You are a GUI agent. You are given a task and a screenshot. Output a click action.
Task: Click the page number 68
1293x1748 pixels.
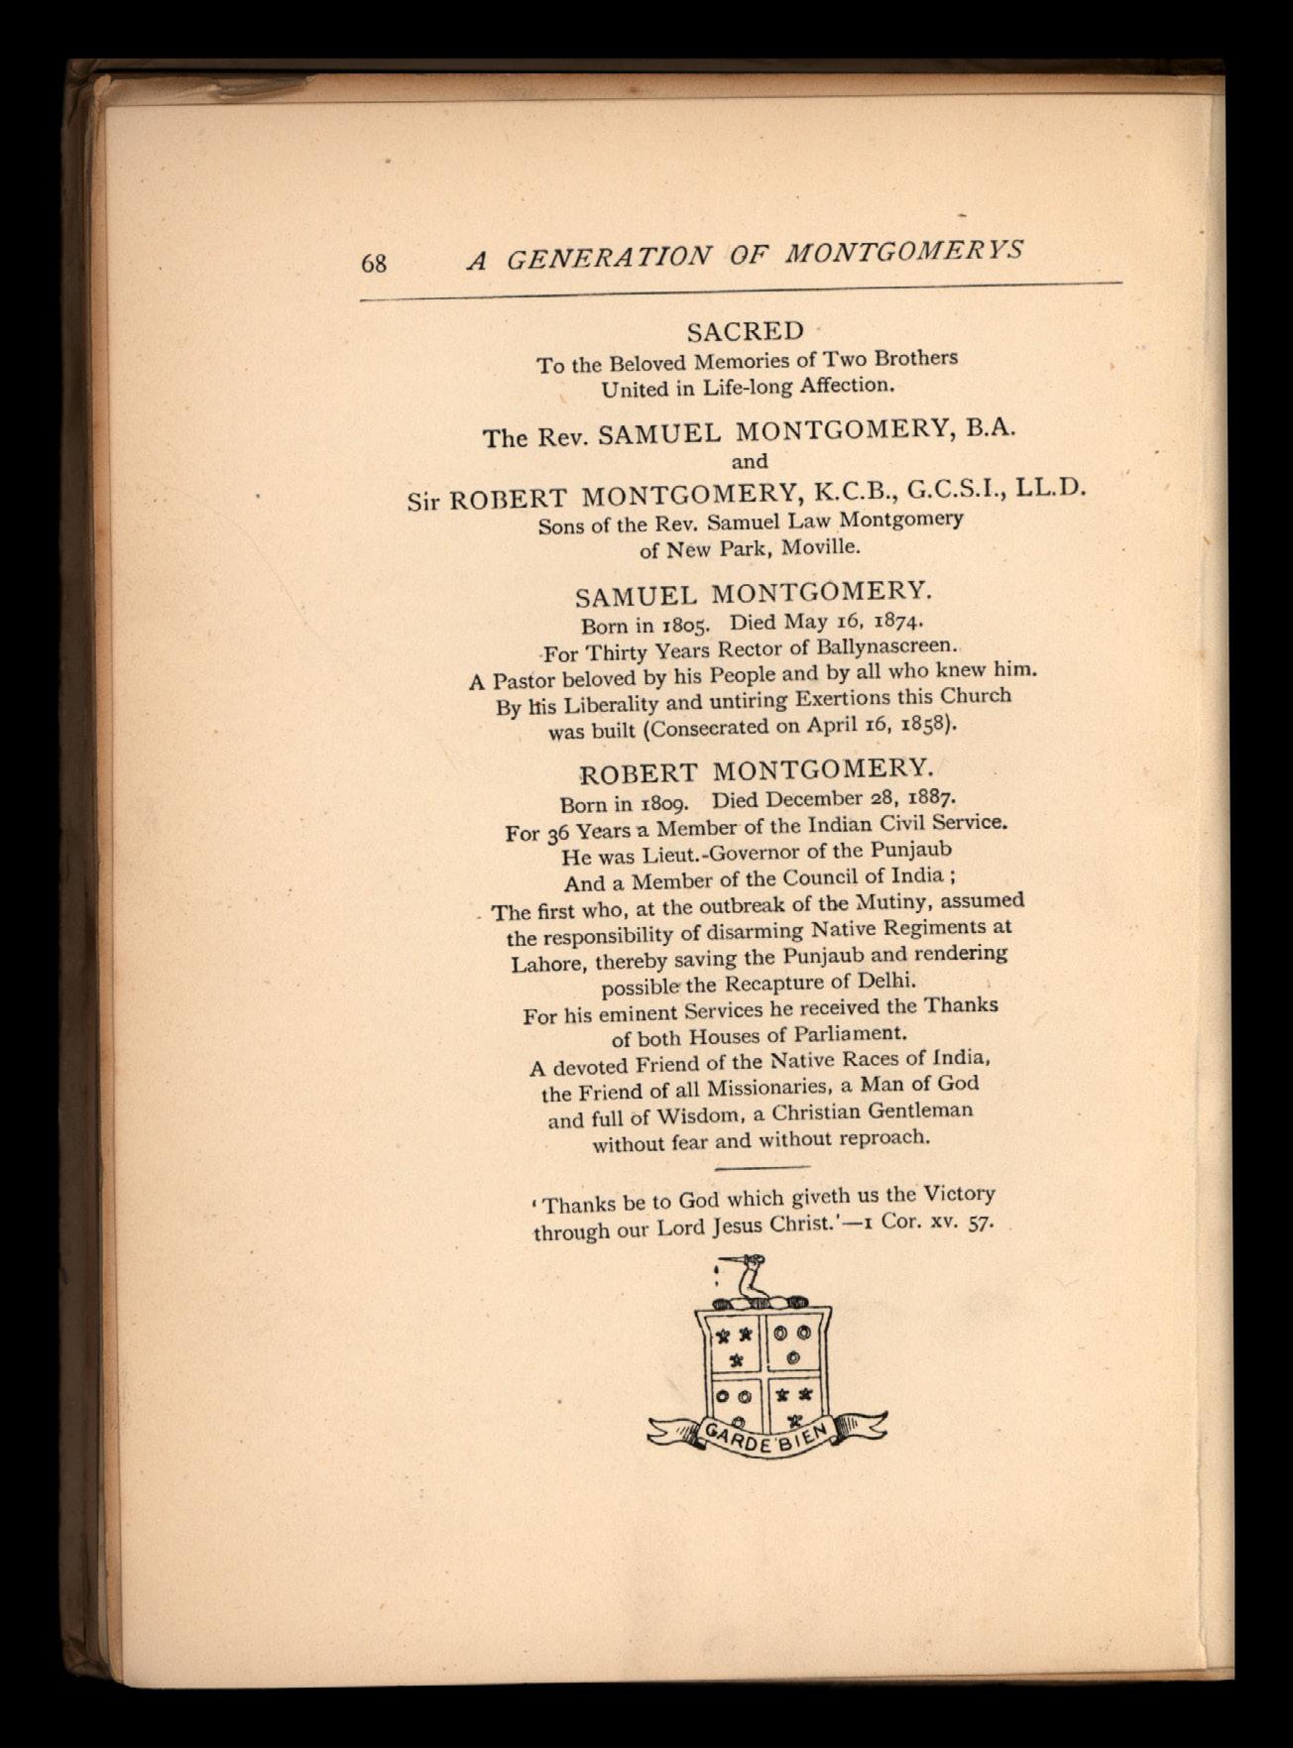(374, 263)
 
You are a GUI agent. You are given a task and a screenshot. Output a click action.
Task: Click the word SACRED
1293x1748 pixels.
(746, 330)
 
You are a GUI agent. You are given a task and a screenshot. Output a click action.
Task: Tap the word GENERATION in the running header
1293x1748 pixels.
(609, 257)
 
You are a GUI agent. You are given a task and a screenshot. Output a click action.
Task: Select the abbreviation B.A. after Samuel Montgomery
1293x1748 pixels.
(992, 428)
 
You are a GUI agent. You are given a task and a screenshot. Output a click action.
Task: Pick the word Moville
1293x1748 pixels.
(812, 546)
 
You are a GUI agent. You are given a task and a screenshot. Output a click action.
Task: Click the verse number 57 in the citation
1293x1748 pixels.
(980, 1221)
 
